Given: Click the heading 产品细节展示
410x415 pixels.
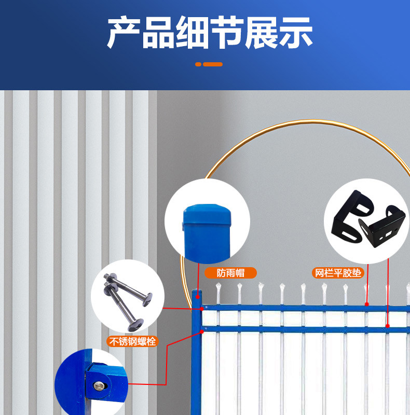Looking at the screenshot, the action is pyautogui.click(x=210, y=33).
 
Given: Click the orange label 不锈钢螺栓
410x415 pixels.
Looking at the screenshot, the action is pyautogui.click(x=132, y=341).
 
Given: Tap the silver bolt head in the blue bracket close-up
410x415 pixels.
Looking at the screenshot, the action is pyautogui.click(x=99, y=385).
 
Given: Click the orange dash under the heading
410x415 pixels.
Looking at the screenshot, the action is pyautogui.click(x=213, y=64).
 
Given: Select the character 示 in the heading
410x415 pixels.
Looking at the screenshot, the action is pyautogui.click(x=296, y=33).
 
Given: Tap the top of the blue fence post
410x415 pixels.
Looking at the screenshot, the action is pyautogui.click(x=197, y=294).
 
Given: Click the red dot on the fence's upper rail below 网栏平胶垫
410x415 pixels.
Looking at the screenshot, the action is pyautogui.click(x=366, y=304).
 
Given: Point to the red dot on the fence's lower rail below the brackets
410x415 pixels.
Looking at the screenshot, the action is pyautogui.click(x=387, y=326).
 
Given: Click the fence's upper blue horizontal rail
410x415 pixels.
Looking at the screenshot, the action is pyautogui.click(x=291, y=308).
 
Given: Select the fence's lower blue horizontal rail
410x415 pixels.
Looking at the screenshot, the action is pyautogui.click(x=291, y=328).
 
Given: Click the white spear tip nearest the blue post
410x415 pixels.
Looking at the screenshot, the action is pyautogui.click(x=218, y=288).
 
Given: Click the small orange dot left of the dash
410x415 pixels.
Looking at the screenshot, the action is pyautogui.click(x=198, y=64).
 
